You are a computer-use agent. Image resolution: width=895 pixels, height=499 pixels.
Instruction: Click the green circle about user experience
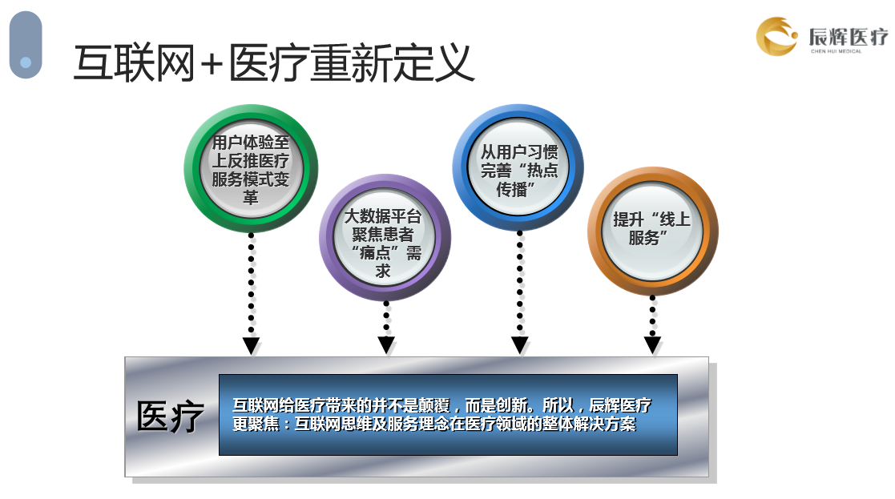click(251, 168)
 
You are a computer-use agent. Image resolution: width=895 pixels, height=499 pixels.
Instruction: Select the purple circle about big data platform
click(385, 237)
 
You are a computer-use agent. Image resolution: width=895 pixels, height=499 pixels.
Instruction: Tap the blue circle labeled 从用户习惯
click(518, 167)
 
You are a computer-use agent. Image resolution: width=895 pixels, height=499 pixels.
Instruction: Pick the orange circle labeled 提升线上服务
click(652, 231)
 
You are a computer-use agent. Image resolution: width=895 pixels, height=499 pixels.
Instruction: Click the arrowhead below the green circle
click(251, 345)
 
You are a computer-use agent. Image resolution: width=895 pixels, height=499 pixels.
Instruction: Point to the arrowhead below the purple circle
click(386, 345)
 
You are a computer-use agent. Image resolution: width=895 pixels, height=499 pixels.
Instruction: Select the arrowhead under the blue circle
click(519, 345)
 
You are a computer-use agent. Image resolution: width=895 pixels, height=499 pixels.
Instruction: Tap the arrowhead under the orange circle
click(652, 345)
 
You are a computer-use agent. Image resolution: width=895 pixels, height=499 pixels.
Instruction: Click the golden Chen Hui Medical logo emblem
click(776, 37)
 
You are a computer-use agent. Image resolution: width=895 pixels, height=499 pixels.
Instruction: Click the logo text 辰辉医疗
click(849, 37)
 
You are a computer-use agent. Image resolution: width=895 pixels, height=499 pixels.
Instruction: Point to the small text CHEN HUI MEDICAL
click(837, 51)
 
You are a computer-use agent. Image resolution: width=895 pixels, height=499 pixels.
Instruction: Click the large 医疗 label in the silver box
click(170, 417)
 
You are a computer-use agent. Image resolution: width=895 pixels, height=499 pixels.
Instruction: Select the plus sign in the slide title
click(212, 63)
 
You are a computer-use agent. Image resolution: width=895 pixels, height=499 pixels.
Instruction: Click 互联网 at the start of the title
click(135, 62)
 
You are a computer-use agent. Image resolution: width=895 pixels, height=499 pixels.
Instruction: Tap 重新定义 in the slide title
click(393, 62)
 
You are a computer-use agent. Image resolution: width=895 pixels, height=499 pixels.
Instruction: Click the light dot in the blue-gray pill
click(26, 62)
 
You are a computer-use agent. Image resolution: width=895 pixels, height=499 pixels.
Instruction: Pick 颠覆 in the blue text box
click(433, 405)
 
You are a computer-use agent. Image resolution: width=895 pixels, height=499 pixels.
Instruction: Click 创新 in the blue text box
click(512, 405)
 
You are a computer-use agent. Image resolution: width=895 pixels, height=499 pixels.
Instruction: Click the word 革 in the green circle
click(251, 197)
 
